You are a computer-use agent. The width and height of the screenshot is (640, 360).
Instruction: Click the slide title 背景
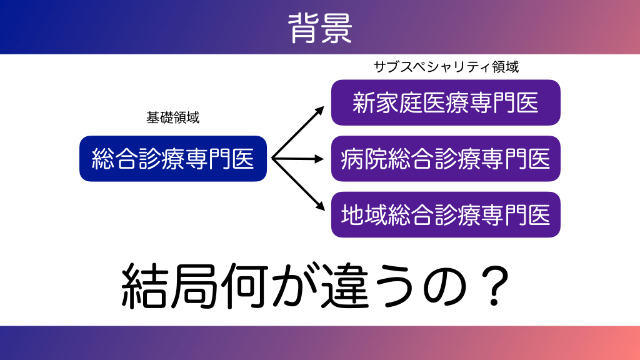(x=320, y=27)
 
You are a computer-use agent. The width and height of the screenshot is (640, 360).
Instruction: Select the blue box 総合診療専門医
(x=173, y=158)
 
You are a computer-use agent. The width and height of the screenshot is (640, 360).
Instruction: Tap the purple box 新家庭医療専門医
(x=446, y=102)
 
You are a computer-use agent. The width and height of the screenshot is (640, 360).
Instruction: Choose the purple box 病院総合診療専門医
(x=446, y=158)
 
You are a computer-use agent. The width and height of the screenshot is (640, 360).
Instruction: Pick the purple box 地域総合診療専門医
(x=446, y=215)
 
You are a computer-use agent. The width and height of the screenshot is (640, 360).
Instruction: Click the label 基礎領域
(x=173, y=117)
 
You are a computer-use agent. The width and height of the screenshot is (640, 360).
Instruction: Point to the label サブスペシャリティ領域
(x=446, y=66)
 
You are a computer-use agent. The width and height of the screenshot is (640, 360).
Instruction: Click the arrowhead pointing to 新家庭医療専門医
(x=319, y=111)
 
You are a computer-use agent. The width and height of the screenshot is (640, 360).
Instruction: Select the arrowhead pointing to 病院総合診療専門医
(x=319, y=159)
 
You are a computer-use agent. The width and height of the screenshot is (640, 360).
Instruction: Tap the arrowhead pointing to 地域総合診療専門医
(x=319, y=206)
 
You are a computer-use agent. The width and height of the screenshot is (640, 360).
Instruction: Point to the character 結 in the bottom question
(x=145, y=286)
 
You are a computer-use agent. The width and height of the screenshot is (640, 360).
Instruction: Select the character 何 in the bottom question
(x=244, y=286)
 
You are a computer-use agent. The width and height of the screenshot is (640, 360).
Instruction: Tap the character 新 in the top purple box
(x=364, y=103)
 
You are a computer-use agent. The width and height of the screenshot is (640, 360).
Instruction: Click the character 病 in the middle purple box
(x=352, y=159)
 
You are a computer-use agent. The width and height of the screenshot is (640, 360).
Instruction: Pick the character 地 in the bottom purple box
(x=352, y=215)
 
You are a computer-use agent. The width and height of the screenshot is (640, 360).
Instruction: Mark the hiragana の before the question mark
(x=445, y=287)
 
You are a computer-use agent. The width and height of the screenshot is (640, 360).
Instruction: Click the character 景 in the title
(x=336, y=27)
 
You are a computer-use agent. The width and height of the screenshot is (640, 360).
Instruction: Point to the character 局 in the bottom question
(x=194, y=286)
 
